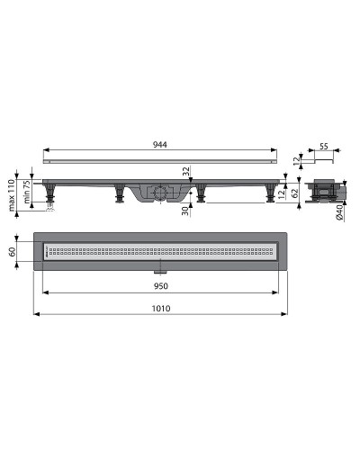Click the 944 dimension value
(x=160, y=145)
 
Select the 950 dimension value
(x=161, y=286)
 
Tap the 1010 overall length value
(x=161, y=309)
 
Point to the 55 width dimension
(x=324, y=147)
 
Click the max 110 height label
(x=12, y=195)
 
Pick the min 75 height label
(x=27, y=192)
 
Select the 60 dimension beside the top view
(x=13, y=252)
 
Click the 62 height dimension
(x=295, y=193)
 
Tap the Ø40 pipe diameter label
(x=339, y=212)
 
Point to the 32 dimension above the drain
(x=186, y=171)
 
